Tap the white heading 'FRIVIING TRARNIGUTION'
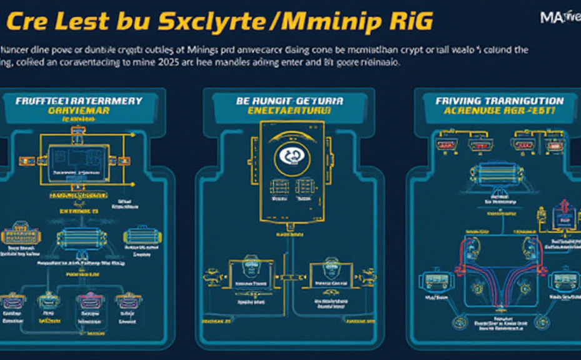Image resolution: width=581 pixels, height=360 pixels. [x=500, y=101]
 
